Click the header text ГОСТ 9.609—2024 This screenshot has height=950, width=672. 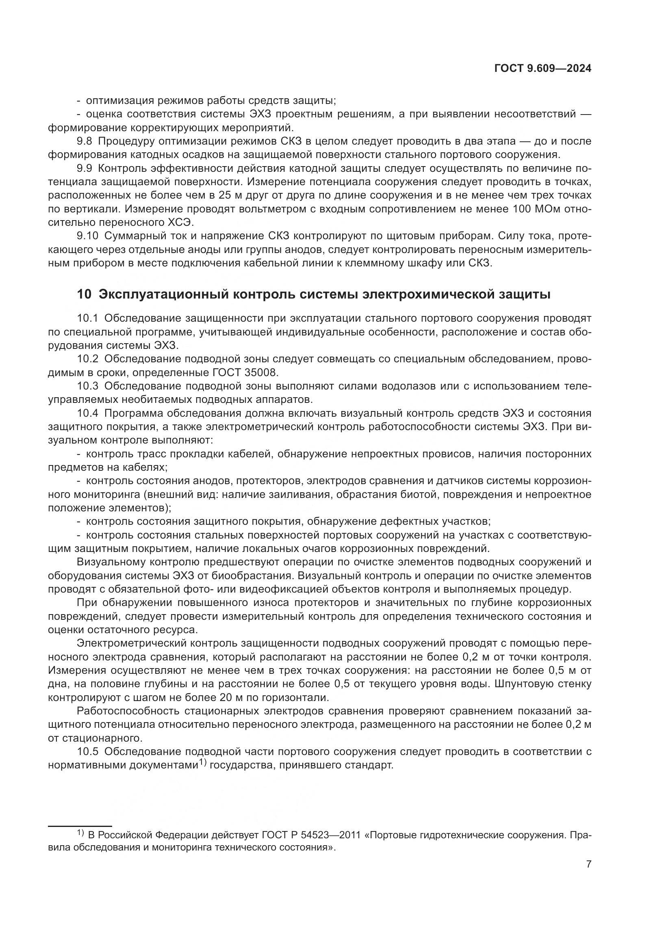[x=542, y=69]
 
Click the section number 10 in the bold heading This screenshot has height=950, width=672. [x=84, y=294]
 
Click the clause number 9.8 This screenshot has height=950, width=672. [x=85, y=141]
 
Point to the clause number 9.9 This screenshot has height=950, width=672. [x=85, y=169]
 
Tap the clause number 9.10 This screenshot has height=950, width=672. [x=87, y=236]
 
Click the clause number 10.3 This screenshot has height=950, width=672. [x=87, y=386]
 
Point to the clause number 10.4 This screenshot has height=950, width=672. [x=87, y=413]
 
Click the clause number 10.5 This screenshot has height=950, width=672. [x=87, y=752]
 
